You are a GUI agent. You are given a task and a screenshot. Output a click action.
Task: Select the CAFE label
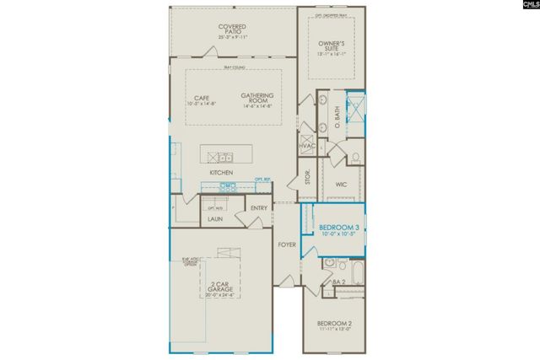[x=201, y=99]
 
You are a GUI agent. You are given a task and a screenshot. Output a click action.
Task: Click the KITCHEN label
[x=221, y=173]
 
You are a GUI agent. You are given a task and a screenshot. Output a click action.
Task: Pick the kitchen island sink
[x=225, y=156]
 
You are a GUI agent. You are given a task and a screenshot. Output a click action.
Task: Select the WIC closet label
[x=342, y=183]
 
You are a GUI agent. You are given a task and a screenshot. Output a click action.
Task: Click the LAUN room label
[x=215, y=219]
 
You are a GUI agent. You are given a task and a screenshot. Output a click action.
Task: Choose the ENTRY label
[x=259, y=208]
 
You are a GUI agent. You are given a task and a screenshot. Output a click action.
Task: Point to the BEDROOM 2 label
[x=333, y=325]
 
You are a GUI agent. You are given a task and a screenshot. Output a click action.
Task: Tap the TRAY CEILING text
[x=234, y=67]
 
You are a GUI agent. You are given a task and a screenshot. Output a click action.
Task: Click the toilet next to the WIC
[x=355, y=157]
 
